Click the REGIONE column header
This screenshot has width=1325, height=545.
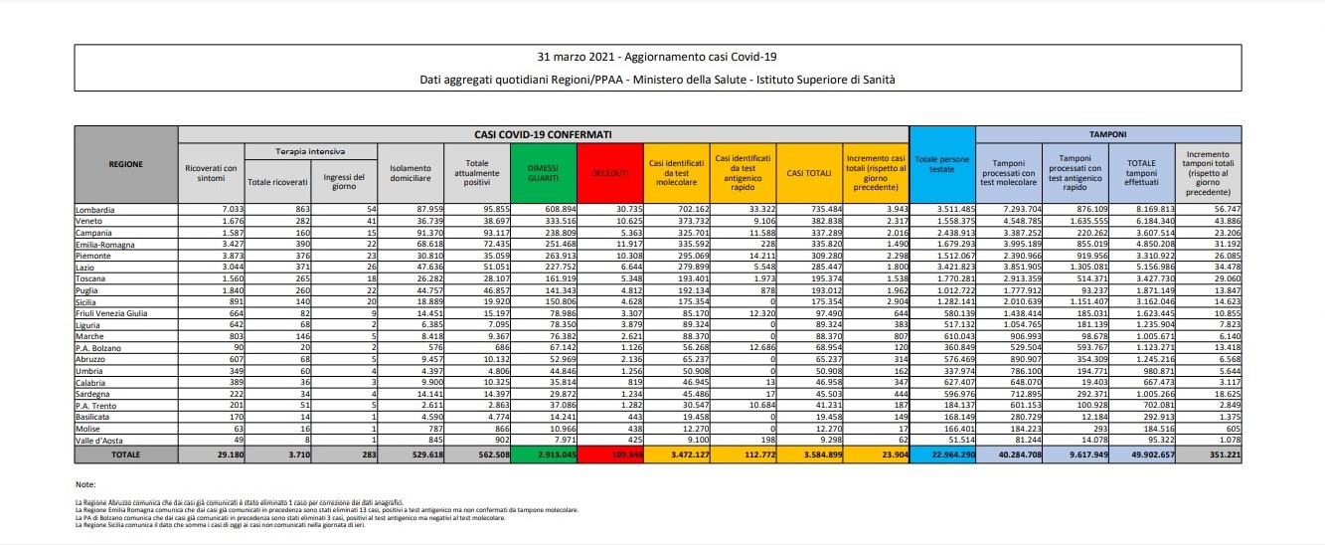(126, 164)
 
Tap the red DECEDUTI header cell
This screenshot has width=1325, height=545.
(609, 172)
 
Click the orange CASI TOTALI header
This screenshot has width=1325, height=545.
(808, 172)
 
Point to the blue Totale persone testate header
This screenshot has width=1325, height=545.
(942, 164)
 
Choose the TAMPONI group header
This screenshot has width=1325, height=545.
(1108, 133)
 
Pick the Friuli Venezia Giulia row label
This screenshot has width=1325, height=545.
(111, 313)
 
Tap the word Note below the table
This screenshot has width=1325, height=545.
(84, 483)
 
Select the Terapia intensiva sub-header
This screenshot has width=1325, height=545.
(310, 152)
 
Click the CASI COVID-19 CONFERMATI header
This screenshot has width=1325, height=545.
(543, 133)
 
